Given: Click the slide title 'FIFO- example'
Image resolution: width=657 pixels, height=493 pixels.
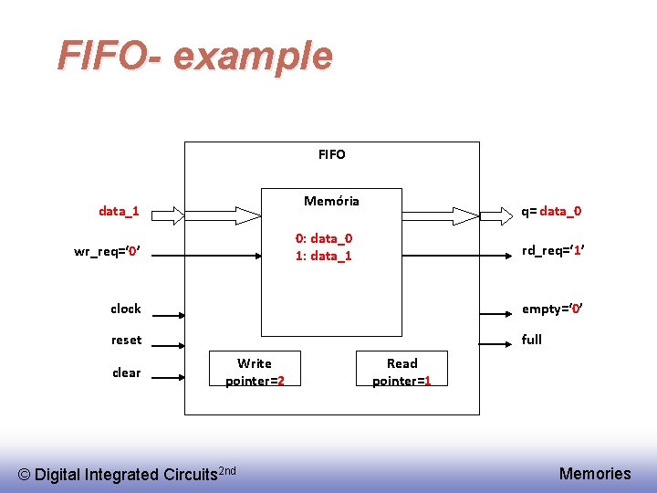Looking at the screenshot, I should tap(194, 57).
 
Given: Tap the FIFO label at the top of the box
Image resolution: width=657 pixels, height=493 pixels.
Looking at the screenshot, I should tap(332, 154).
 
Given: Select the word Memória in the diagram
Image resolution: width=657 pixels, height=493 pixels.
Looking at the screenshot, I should tap(331, 201).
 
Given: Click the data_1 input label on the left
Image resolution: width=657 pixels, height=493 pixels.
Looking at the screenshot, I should tap(119, 212).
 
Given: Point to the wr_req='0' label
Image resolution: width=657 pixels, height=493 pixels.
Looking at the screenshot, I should tap(106, 251).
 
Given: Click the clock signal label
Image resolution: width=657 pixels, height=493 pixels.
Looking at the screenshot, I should tap(126, 309).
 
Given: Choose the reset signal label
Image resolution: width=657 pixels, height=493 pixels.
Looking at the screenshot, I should tap(127, 340).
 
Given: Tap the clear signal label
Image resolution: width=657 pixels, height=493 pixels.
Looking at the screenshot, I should tap(127, 372).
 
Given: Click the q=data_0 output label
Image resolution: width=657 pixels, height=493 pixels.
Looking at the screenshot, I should tap(551, 212).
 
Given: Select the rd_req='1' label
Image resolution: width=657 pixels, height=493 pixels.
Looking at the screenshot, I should tap(552, 251).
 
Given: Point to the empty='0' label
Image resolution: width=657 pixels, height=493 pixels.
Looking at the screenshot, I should tap(552, 309).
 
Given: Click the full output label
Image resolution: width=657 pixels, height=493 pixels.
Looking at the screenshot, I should tap(531, 340).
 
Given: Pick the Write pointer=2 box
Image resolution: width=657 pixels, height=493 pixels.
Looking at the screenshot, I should tap(255, 372).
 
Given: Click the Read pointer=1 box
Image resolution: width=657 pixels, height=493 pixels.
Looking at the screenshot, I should tap(401, 372).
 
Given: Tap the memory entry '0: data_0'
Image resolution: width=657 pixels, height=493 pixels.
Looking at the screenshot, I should tap(324, 238).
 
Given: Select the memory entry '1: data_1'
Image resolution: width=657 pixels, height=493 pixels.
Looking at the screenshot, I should tap(324, 256).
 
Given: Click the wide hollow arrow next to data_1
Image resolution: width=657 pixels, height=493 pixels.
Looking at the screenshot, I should tap(205, 215).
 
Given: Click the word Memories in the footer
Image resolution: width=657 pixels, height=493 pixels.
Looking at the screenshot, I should tap(595, 473).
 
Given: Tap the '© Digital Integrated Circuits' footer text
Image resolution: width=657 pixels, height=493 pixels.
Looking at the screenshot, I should tap(127, 474).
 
